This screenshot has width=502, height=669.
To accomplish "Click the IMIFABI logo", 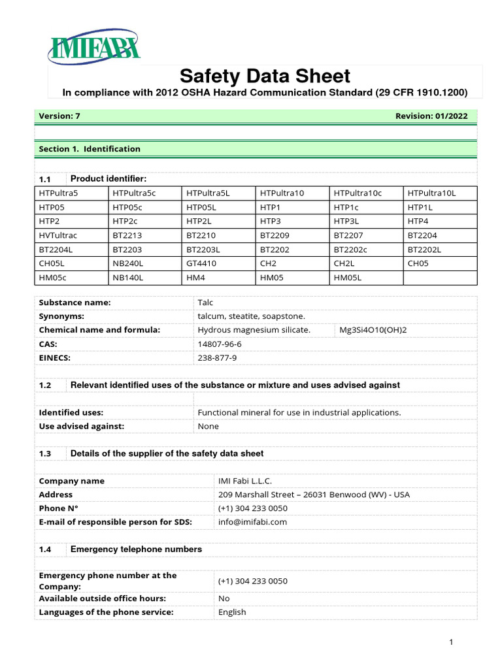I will pos(95,47).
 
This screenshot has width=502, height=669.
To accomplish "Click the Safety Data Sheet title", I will pos(265,76).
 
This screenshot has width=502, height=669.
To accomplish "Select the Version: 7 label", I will pos(59,116).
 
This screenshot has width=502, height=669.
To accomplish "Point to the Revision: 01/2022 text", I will pos(431,116).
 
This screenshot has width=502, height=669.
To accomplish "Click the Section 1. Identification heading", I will pos(90,149).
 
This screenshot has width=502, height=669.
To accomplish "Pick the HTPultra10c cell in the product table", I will pos(358,193).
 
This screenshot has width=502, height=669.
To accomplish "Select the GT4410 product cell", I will pos(202,263).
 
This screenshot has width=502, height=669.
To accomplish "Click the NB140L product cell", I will pos(127,278).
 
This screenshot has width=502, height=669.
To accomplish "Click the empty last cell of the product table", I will pos(440,278).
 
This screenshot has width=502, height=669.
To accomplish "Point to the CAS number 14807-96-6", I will pos(220,344).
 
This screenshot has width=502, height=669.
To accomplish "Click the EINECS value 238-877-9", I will pos(217,357).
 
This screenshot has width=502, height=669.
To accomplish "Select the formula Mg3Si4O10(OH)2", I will pos(373,330).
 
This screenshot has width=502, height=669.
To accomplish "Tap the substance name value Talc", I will pos(205,302).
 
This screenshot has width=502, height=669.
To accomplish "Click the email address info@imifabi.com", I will pos(252,522).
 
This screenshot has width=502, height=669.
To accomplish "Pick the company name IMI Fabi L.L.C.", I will pos(244,481).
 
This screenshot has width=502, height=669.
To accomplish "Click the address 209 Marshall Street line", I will pos(313,495).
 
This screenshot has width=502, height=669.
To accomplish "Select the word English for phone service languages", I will pos(232,612).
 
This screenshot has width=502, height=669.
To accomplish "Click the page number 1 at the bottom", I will pos(451,642).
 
